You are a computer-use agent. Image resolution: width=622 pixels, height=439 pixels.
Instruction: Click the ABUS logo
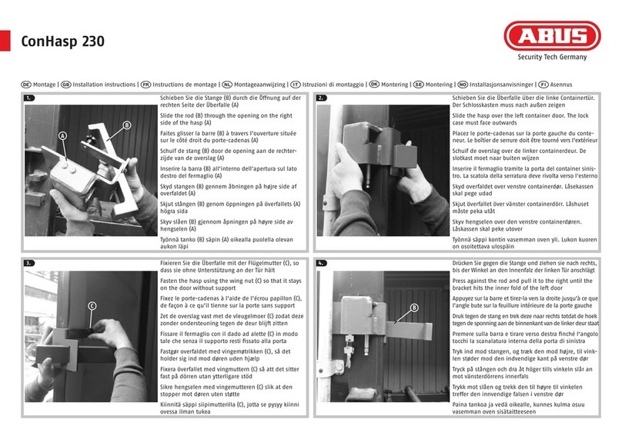(552, 36)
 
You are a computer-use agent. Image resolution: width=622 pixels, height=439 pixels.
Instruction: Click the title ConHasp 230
(62, 42)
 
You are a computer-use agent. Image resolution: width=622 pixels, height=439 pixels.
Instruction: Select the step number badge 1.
(30, 98)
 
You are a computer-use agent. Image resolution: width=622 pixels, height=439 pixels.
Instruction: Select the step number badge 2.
(322, 98)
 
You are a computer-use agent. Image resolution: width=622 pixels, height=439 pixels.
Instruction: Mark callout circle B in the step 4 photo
(413, 308)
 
